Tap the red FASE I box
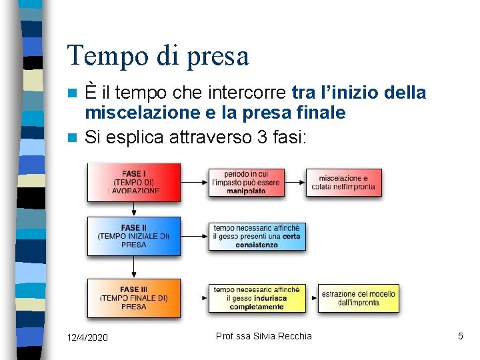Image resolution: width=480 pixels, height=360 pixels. pos(134,182)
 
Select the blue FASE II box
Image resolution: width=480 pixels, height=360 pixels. pos(134,236)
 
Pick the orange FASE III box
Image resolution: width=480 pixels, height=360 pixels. pos(134,298)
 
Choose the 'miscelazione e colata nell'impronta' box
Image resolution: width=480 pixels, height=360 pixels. pos(344,182)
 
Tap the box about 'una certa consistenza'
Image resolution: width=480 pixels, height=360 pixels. pos(257,236)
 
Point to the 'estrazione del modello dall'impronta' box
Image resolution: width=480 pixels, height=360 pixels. pos(358,298)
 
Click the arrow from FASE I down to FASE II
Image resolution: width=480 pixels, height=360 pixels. pos(134,209)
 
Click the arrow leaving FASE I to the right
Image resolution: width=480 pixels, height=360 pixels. pos(194,181)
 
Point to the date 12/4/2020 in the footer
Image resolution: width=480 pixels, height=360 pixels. pos(87,337)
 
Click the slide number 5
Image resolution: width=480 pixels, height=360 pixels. pos(460,337)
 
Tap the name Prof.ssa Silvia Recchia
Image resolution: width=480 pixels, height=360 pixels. pos(264,336)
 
